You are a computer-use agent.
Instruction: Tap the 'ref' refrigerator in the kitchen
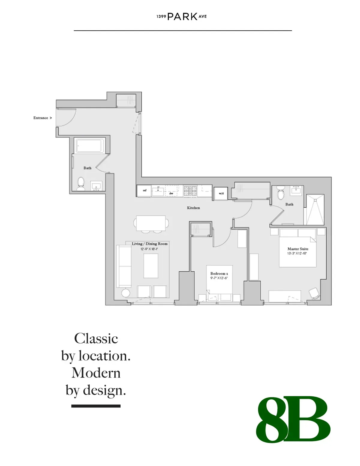coord(144,191)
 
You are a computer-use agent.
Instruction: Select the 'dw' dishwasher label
coord(171,194)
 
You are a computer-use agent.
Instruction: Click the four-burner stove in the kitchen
coord(190,191)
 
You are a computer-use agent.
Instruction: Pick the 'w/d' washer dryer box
coord(221,193)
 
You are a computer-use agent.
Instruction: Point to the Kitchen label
coord(193,208)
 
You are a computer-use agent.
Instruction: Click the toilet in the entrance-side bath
coord(81,184)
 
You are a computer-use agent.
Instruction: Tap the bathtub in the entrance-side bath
coord(90,146)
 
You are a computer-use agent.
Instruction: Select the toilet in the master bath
coord(280,193)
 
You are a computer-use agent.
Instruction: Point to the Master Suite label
coord(298,249)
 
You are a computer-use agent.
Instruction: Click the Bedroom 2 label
coord(219,274)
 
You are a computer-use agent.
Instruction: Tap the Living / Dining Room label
coord(150,244)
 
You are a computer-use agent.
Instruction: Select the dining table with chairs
coord(151,224)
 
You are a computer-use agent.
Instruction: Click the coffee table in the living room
coord(151,266)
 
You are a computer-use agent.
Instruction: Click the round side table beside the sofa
coord(126,293)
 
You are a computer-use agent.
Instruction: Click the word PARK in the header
coord(182,17)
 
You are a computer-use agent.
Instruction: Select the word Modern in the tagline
coord(96,373)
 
